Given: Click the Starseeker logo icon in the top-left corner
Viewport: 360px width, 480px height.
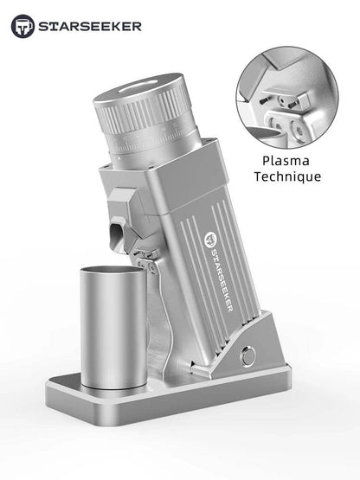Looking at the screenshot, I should click(22, 27).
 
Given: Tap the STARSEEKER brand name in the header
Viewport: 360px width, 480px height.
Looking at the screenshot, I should click(88, 27).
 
